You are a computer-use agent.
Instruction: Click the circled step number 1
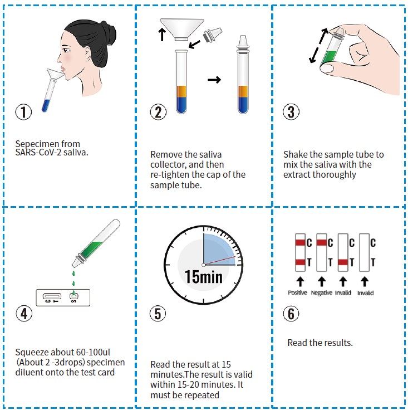tap(23, 112)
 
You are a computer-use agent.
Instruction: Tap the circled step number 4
tap(24, 313)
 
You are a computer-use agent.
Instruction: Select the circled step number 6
tap(291, 313)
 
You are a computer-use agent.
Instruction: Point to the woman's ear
tap(87, 53)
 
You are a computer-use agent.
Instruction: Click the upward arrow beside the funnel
tap(162, 35)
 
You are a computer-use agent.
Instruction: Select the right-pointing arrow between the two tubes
tap(214, 80)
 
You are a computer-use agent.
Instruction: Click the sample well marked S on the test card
tap(74, 296)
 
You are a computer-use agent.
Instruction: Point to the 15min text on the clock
tap(204, 277)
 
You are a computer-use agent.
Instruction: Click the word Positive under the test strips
tap(297, 292)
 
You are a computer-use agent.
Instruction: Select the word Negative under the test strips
tap(322, 292)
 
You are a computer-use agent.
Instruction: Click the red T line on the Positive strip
tap(301, 262)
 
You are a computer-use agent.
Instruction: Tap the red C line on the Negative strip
tap(322, 242)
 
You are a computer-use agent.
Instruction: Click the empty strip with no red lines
tap(365, 252)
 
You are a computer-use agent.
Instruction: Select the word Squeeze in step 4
tap(31, 353)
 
